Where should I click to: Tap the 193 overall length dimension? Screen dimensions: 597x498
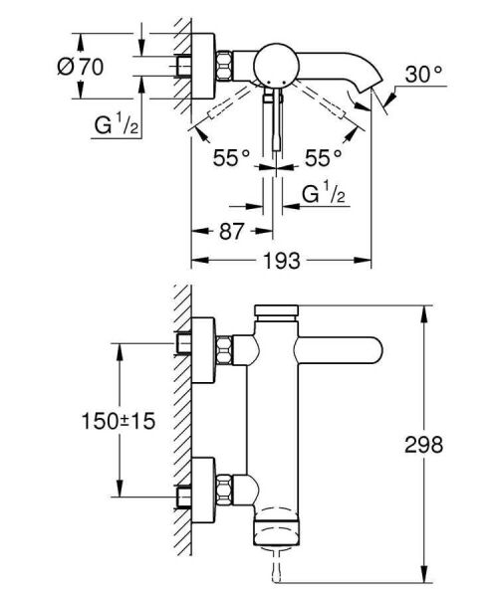pyautogui.click(x=282, y=260)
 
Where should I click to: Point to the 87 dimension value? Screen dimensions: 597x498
pyautogui.click(x=230, y=231)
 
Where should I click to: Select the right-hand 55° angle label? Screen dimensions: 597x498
pyautogui.click(x=323, y=156)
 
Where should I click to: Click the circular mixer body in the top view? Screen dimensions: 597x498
pyautogui.click(x=273, y=68)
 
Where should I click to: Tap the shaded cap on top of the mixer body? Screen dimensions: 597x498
pyautogui.click(x=276, y=312)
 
